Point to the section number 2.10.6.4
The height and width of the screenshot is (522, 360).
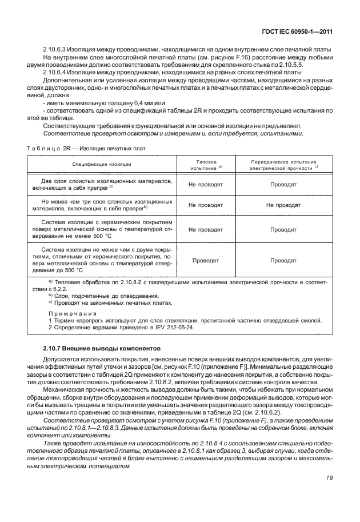point(56,73)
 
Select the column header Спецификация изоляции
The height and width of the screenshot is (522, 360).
point(102,164)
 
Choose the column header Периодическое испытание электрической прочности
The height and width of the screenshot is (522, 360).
point(283,164)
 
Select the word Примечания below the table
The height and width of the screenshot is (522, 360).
point(72,313)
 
